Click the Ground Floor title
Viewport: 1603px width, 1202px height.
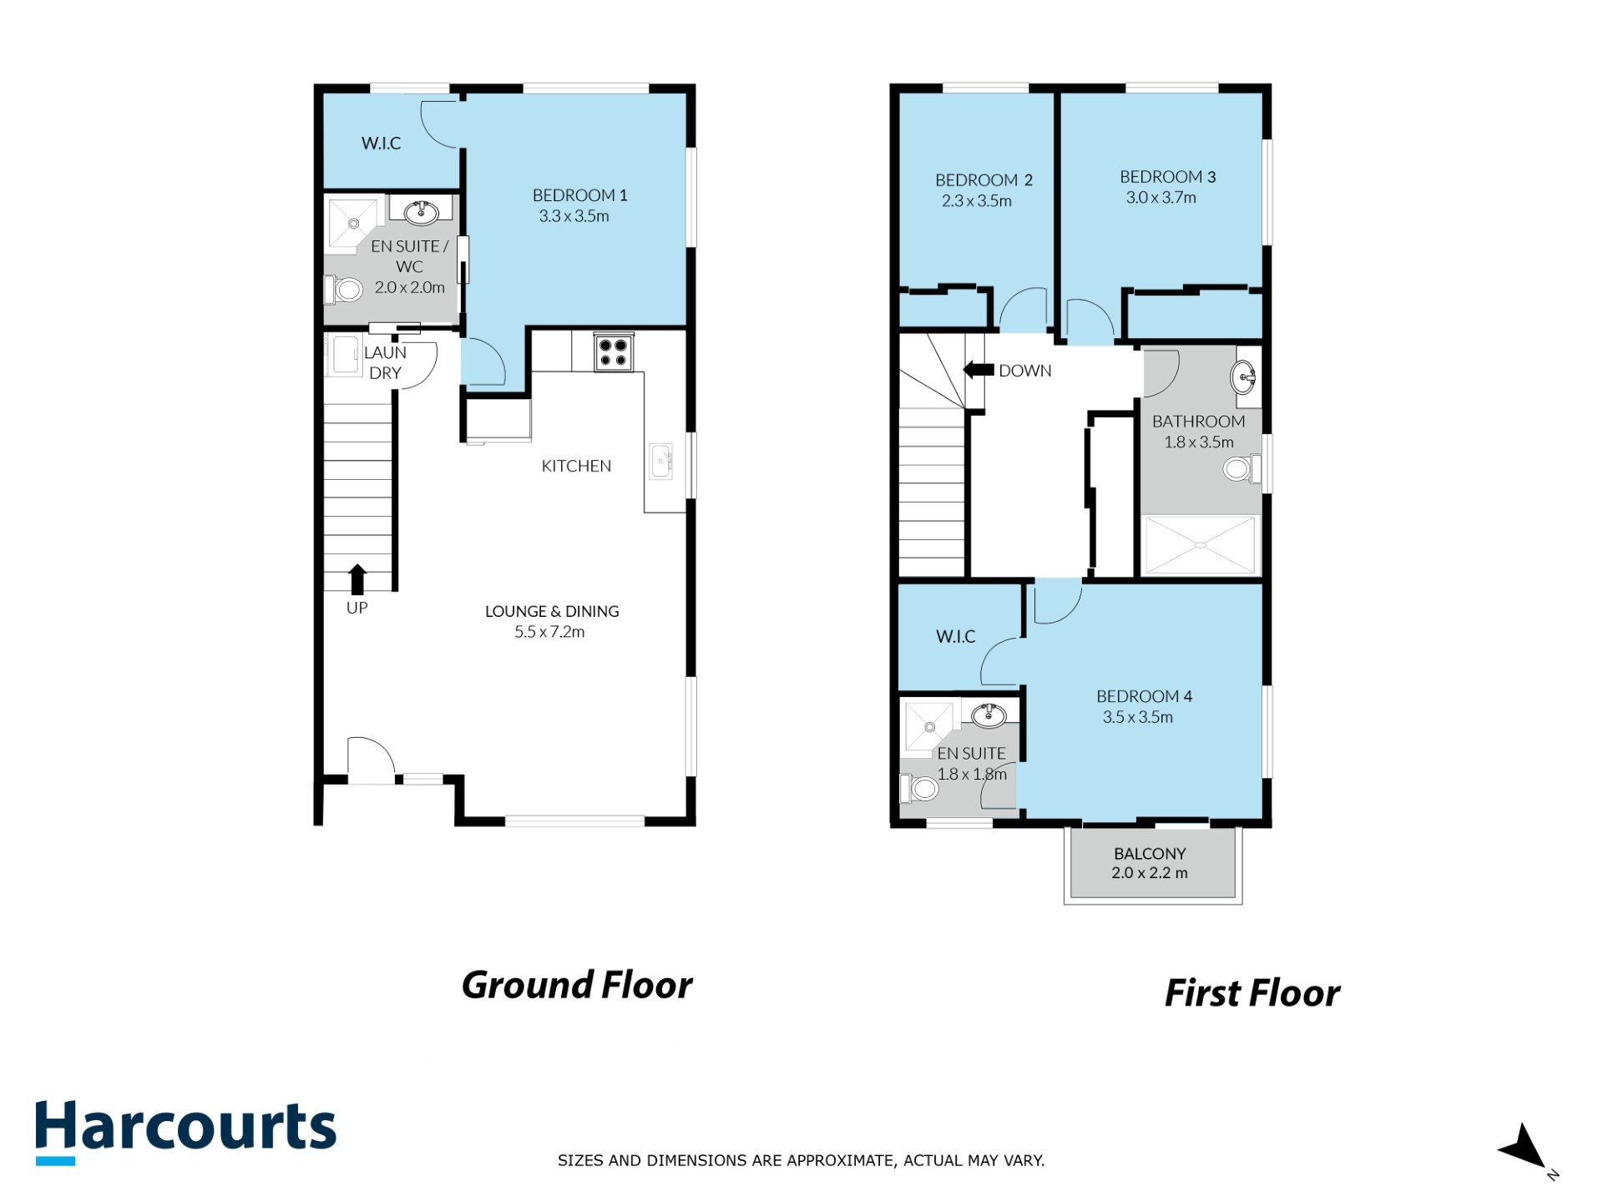coord(577,985)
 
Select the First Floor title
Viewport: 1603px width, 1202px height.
coord(1252,993)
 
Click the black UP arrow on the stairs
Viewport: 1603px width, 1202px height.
coord(357,578)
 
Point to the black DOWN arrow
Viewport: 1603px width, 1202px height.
coord(978,369)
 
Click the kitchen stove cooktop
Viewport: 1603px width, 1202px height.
coord(614,352)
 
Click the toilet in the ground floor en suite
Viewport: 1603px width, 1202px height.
coord(343,290)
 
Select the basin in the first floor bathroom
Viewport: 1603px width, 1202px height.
coord(1243,377)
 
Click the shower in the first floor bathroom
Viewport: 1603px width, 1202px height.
coord(1200,546)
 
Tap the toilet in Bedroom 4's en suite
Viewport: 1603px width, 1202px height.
coord(919,788)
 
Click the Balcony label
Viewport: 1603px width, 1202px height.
coord(1150,854)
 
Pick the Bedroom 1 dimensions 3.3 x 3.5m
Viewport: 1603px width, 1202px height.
coord(574,216)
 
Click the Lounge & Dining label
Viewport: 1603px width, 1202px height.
coord(552,611)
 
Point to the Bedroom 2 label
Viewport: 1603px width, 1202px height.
coord(984,180)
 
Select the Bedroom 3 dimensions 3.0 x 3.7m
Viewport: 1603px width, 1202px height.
coord(1161,198)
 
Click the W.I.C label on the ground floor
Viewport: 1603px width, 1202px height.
coord(381,144)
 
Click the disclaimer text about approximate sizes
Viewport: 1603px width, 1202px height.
coord(801,1160)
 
